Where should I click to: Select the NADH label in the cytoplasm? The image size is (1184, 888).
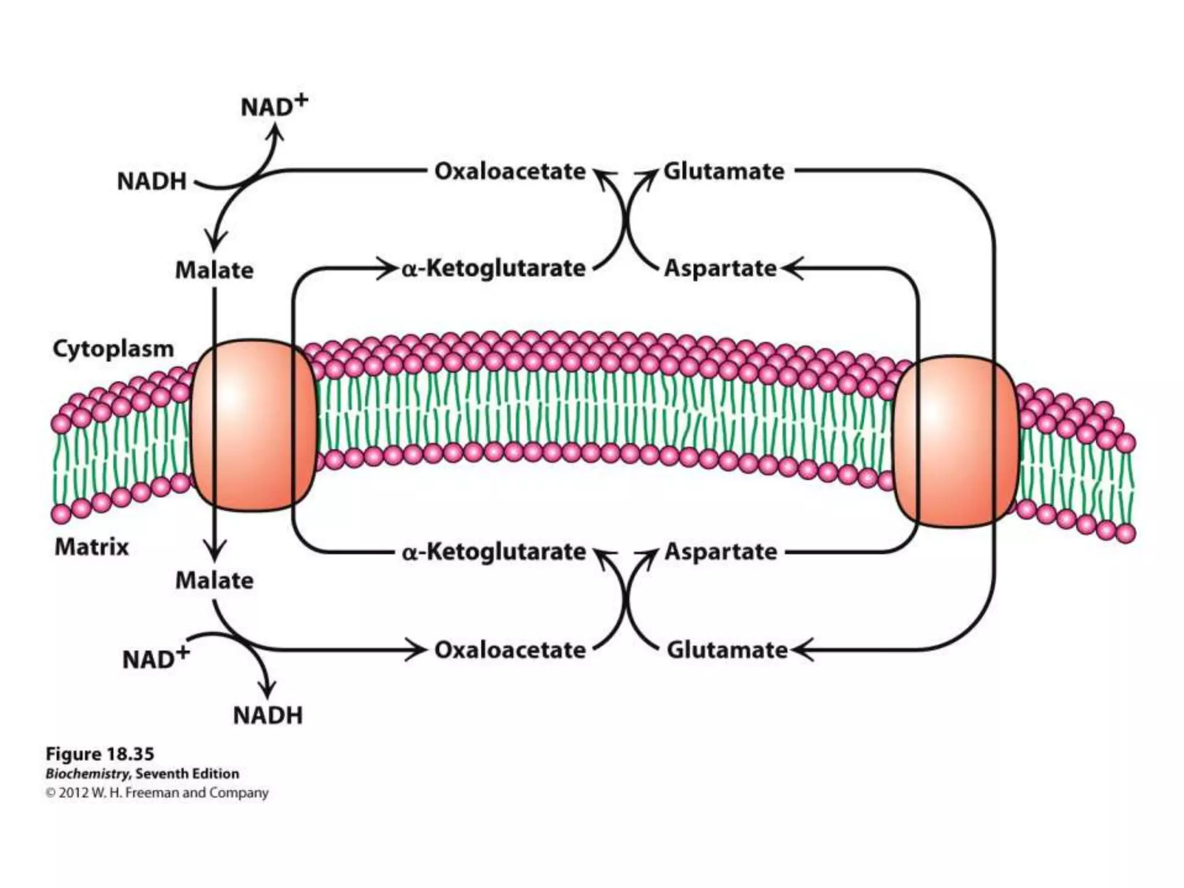point(152,182)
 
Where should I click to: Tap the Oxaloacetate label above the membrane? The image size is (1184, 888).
point(510,172)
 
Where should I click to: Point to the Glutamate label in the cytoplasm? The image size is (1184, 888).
point(724,172)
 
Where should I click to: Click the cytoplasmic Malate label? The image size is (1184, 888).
point(214,271)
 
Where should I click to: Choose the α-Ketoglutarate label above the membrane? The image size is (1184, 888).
point(494,269)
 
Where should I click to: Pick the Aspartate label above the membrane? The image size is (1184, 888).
point(720,269)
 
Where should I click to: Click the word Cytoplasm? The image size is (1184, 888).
point(113,349)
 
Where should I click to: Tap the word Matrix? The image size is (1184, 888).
point(91,547)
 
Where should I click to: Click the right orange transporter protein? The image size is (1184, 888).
point(955,441)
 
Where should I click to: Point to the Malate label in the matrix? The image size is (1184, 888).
point(214,580)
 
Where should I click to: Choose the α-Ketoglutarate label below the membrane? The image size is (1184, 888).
point(494,552)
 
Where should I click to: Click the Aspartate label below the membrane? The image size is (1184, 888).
point(721,552)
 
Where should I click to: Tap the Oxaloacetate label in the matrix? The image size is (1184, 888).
point(510,650)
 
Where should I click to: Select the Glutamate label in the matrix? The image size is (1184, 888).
point(727,650)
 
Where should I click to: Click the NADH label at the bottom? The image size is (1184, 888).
point(268,716)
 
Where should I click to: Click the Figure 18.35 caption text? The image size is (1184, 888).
point(100,754)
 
